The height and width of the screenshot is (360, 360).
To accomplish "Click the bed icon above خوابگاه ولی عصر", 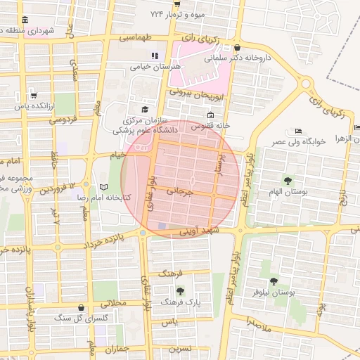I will pyautogui.click(x=298, y=131).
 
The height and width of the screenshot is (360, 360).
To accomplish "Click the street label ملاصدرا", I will pyautogui.click(x=259, y=321).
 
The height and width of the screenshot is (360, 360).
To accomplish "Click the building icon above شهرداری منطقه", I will pyautogui.click(x=26, y=20).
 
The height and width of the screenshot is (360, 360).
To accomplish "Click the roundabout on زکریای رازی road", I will pyautogui.click(x=304, y=84).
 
